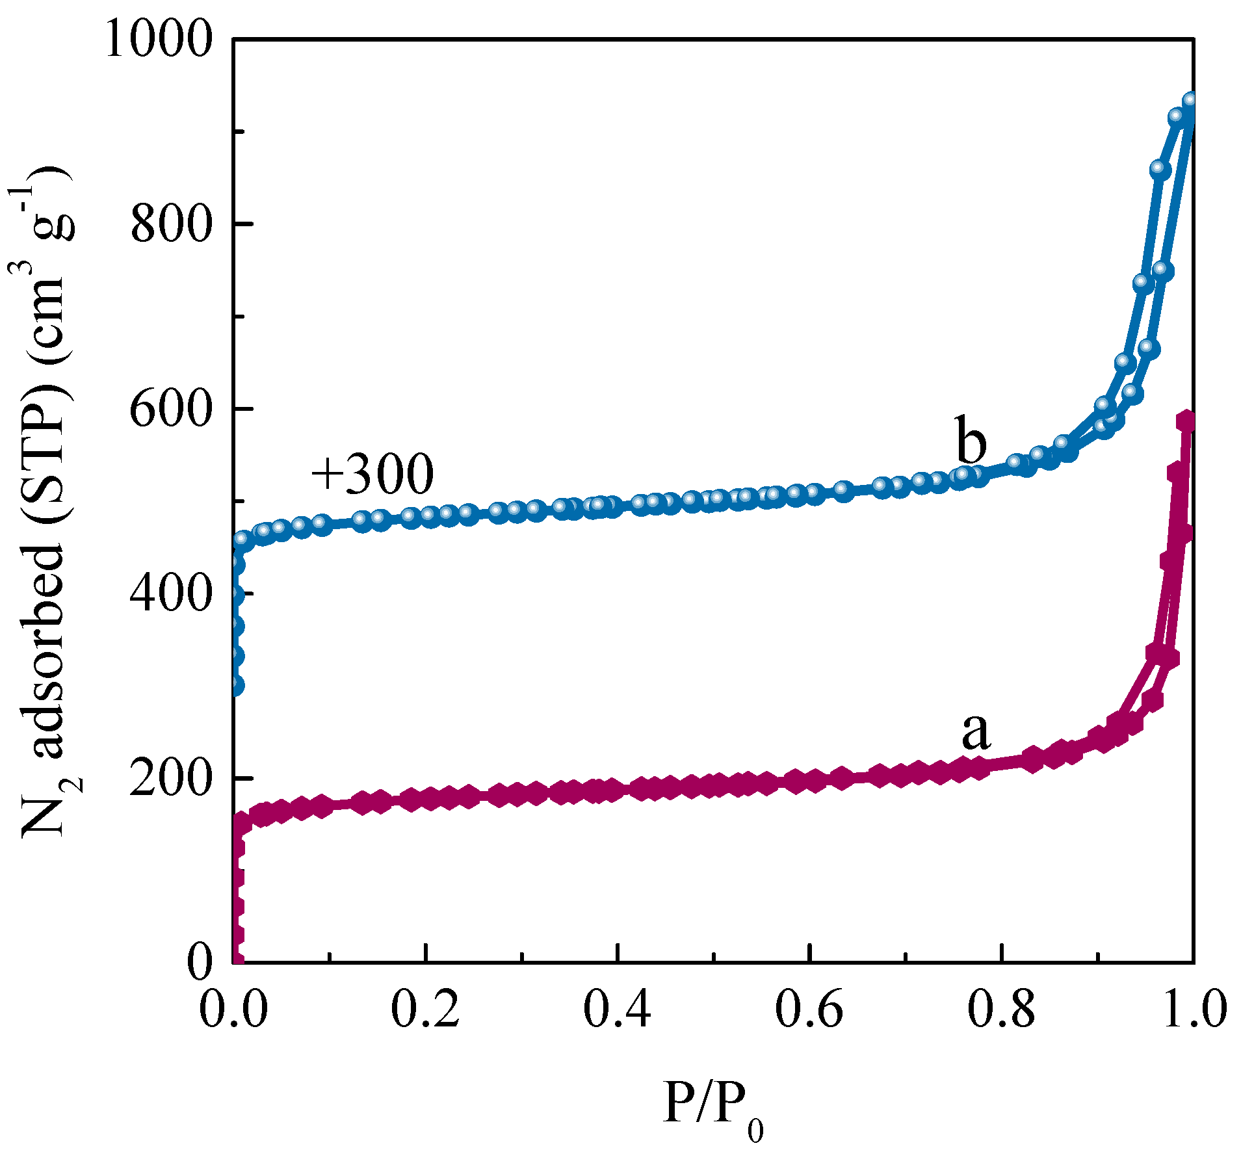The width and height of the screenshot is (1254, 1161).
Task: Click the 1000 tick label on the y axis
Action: tap(159, 41)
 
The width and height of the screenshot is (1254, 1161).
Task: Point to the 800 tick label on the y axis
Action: tap(172, 225)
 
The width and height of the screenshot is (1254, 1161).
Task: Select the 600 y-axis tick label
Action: tap(172, 410)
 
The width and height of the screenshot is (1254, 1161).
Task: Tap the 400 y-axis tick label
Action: tap(172, 594)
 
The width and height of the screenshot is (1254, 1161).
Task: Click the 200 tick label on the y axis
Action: tap(172, 779)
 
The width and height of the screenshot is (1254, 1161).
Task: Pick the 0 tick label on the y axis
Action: tap(200, 963)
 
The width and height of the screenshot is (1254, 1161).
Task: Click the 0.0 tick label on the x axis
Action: tap(233, 1011)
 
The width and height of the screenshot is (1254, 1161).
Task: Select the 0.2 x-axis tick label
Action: tap(425, 1011)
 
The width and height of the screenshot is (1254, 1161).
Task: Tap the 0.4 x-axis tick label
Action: tap(617, 1011)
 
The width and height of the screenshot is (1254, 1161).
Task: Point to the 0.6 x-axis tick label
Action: tap(809, 1011)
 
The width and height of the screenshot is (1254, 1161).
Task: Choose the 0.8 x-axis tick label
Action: tap(1001, 1011)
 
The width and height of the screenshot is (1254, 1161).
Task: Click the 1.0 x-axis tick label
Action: tap(1194, 1011)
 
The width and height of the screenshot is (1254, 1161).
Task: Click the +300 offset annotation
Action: tap(372, 474)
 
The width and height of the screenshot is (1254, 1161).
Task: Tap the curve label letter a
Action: tap(976, 731)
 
